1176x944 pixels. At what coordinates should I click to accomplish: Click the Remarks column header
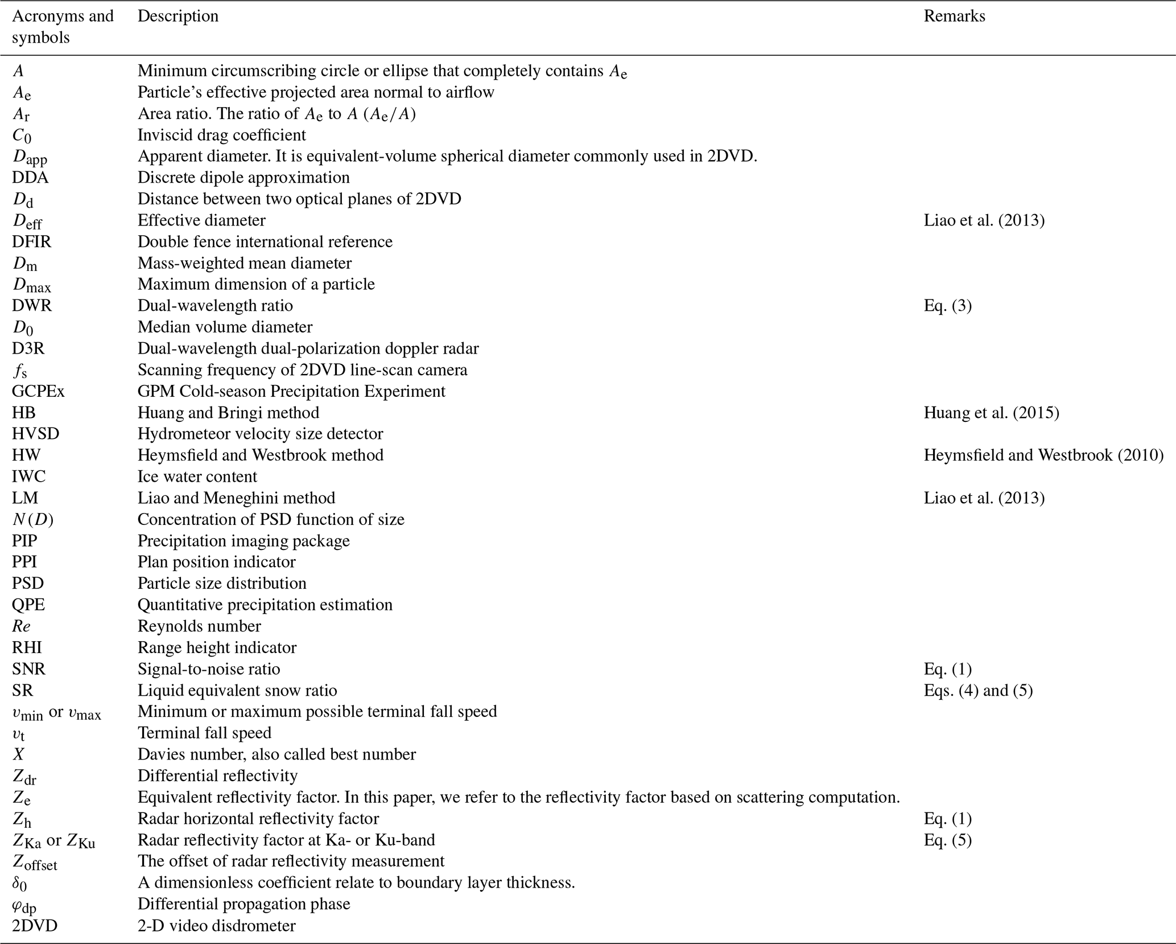(954, 16)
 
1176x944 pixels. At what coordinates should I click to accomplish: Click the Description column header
(178, 16)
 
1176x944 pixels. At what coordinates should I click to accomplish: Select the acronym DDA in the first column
(30, 178)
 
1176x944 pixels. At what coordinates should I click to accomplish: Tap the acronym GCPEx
(38, 391)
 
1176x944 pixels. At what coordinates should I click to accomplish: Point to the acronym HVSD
(35, 434)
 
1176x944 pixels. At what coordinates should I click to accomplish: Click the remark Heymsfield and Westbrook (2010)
(1043, 455)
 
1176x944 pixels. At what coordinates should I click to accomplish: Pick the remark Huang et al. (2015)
(991, 412)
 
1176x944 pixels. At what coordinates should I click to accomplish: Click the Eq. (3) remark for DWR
(948, 306)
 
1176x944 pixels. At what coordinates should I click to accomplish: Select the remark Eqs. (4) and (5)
(978, 690)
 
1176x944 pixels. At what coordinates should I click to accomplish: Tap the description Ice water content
(197, 477)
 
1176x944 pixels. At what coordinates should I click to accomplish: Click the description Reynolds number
(199, 626)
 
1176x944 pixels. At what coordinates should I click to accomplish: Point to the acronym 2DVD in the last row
(35, 926)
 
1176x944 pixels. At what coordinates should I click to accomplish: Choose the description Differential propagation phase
(244, 904)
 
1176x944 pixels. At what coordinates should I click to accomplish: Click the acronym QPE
(28, 605)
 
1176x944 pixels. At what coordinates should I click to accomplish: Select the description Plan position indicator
(216, 562)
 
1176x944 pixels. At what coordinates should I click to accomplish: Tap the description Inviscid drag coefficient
(221, 135)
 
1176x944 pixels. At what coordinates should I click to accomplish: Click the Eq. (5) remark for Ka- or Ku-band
(948, 840)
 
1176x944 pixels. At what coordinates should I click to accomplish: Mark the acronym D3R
(28, 348)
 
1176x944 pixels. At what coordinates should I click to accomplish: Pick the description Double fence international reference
(265, 241)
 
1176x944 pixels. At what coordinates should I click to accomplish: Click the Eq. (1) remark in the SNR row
(948, 668)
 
